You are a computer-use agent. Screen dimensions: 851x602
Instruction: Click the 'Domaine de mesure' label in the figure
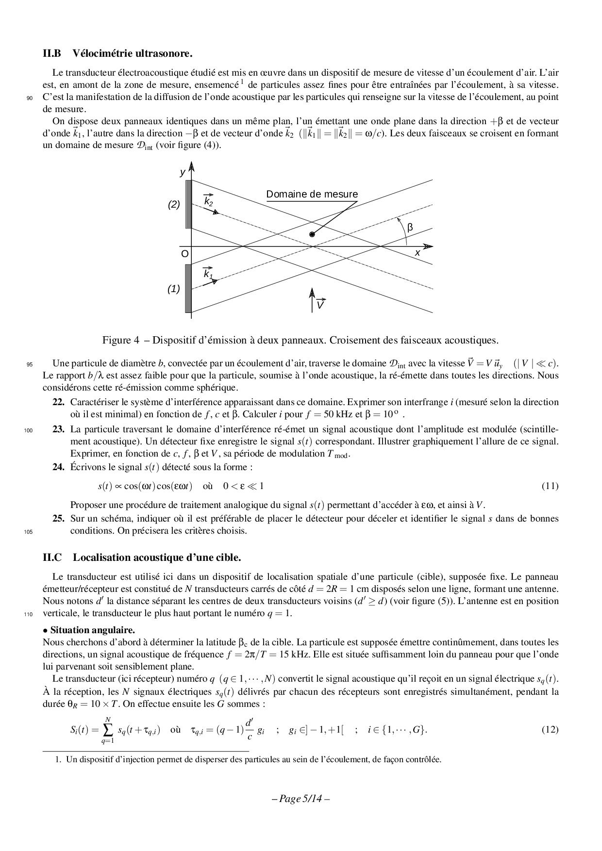[x=312, y=195]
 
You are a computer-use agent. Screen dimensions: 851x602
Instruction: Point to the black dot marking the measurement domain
[x=312, y=234]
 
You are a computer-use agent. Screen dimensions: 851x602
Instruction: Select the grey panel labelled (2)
[x=188, y=204]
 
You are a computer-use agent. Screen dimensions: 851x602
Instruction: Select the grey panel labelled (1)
[x=188, y=289]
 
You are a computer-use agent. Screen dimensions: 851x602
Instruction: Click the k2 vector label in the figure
[x=208, y=201]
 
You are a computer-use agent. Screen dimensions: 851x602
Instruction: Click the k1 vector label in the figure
[x=208, y=274]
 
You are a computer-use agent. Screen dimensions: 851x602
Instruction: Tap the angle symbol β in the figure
[x=410, y=227]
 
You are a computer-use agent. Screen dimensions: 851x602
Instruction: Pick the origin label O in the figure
[x=184, y=254]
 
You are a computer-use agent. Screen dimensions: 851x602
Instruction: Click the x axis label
[x=417, y=253]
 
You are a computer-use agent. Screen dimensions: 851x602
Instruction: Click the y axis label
[x=183, y=172]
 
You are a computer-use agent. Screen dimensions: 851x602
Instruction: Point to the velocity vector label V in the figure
[x=320, y=305]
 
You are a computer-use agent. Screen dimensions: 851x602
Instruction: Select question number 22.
[x=58, y=402]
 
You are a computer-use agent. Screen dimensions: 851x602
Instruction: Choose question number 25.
[x=58, y=519]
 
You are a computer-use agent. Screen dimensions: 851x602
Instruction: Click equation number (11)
[x=550, y=486]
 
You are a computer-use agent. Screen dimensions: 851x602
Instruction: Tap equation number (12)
[x=550, y=730]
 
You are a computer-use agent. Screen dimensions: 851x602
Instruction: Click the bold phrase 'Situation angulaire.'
[x=92, y=630]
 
